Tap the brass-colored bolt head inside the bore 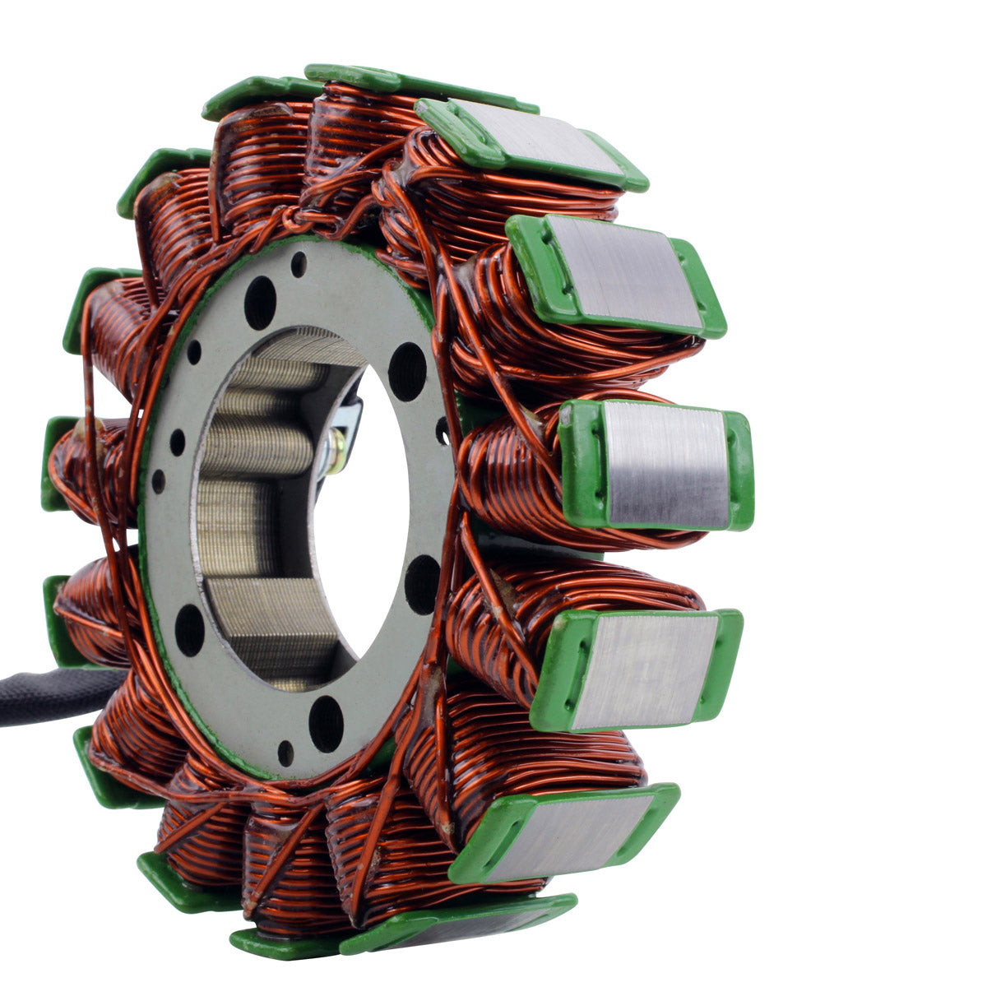336,451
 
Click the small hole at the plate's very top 299,264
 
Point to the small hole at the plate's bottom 285,752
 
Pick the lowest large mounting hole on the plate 326,723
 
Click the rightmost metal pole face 665,465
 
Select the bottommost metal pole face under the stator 461,929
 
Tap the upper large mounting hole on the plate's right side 407,371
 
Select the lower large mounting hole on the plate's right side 421,584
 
